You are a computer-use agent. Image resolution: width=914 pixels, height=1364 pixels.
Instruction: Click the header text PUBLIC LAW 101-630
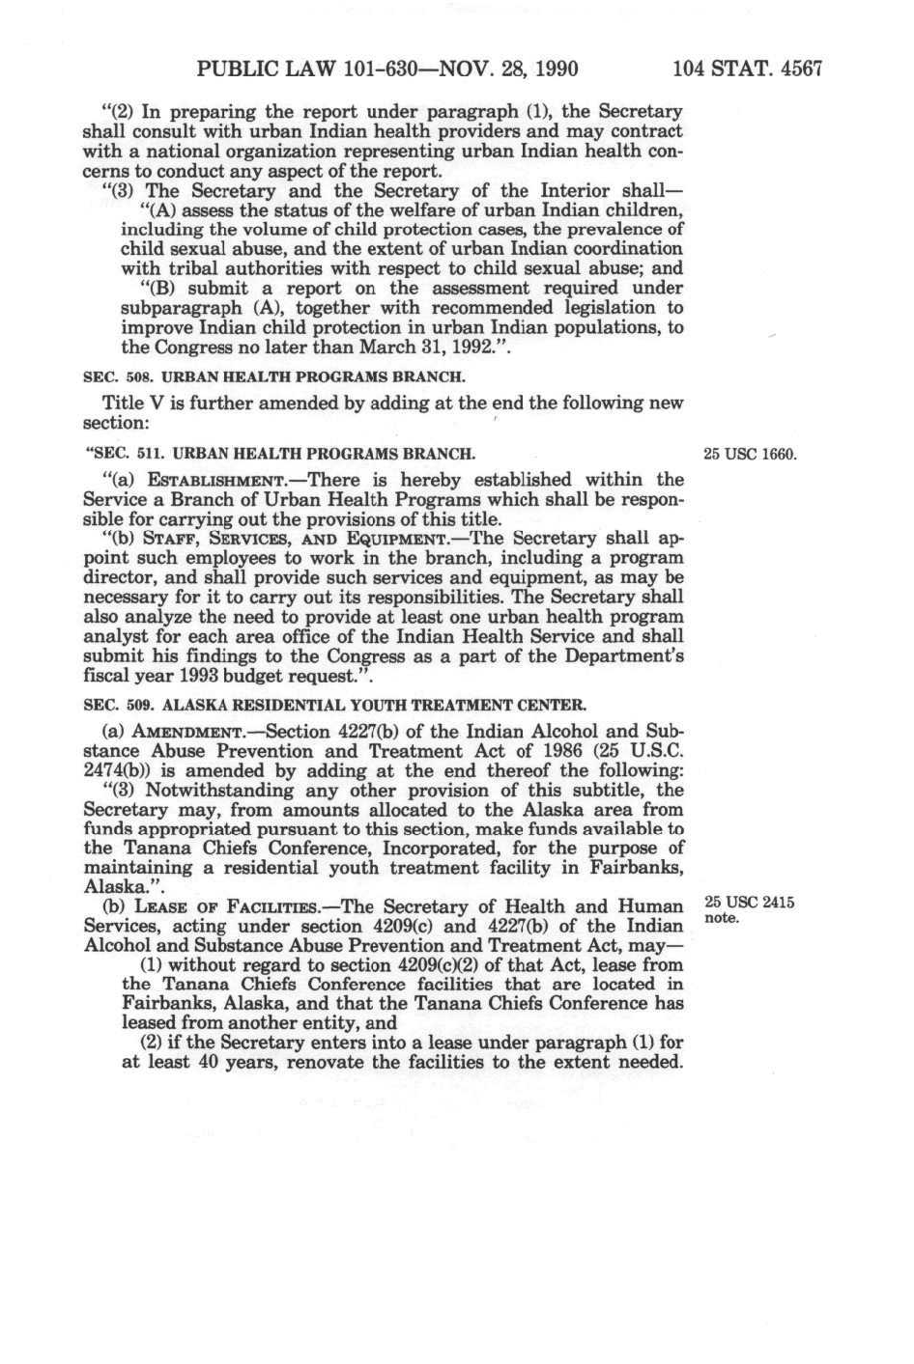tap(291, 69)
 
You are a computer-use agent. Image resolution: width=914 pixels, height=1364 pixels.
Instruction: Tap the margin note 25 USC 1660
tap(750, 454)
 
